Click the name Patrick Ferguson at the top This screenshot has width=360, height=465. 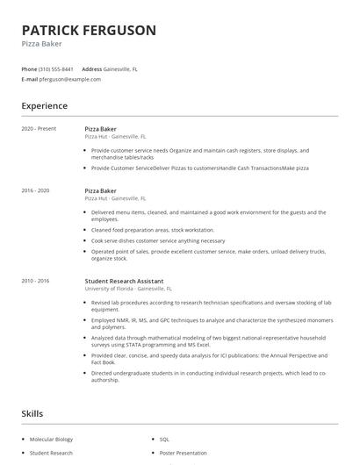(89, 30)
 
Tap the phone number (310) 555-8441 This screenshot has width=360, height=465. (56, 68)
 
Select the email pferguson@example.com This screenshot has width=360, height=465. (70, 79)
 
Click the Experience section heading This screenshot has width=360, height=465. (45, 106)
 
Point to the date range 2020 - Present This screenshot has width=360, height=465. (39, 129)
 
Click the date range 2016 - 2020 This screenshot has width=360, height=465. (35, 190)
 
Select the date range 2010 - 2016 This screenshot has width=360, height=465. (35, 281)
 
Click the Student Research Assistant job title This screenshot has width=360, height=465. (123, 281)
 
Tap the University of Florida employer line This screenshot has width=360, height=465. (128, 289)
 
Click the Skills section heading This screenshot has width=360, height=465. (32, 412)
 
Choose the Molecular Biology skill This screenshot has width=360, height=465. (52, 439)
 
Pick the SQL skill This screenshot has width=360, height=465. (164, 439)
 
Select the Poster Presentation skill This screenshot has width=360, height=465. (183, 453)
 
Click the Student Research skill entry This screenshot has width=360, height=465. (51, 453)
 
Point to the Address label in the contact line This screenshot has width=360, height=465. (92, 68)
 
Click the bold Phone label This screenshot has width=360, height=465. (29, 68)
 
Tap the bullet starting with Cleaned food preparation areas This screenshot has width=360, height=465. (152, 230)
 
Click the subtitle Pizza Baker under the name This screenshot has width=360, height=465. (40, 44)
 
